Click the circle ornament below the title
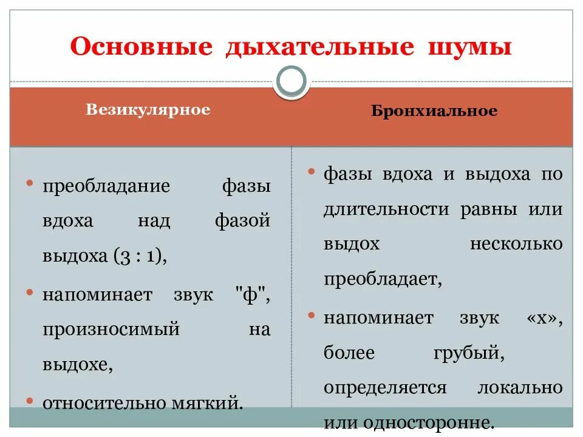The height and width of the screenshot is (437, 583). pos(291,81)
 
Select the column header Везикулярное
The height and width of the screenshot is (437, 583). pos(148,110)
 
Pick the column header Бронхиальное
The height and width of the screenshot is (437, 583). pos(434,111)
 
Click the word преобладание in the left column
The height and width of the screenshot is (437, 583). pos(106,186)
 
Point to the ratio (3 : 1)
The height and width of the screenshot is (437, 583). pos(139,256)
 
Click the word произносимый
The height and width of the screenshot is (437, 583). pos(111,330)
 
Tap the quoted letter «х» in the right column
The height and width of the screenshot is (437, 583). pos(542,317)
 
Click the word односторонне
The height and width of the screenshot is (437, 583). pos(430,422)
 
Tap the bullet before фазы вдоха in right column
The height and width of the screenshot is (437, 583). pos(310,172)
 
